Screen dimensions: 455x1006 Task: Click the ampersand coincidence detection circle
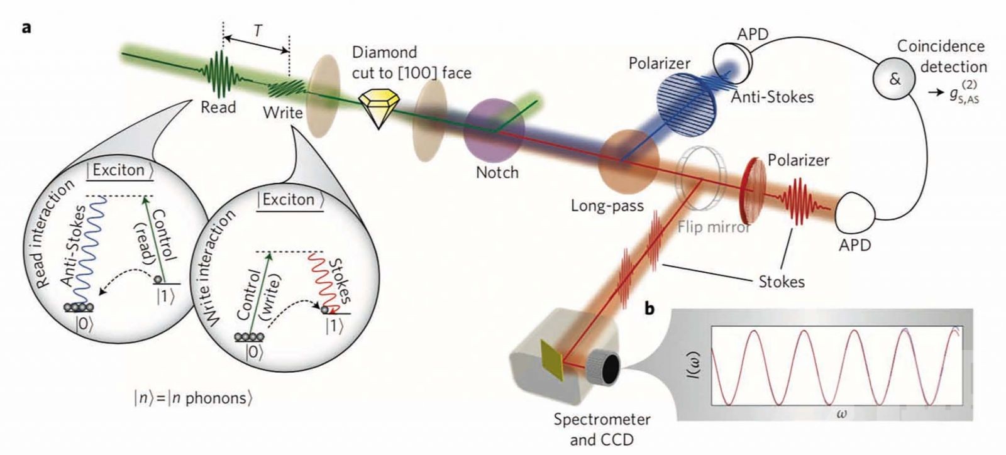pyautogui.click(x=895, y=79)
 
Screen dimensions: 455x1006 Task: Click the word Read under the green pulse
pyautogui.click(x=218, y=107)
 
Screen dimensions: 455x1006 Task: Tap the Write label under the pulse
pyautogui.click(x=282, y=113)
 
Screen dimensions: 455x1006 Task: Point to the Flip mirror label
pyautogui.click(x=714, y=227)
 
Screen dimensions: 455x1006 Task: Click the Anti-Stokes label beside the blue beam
pyautogui.click(x=772, y=97)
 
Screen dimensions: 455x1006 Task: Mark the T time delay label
pyautogui.click(x=257, y=31)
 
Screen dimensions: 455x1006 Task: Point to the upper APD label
pyautogui.click(x=753, y=35)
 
